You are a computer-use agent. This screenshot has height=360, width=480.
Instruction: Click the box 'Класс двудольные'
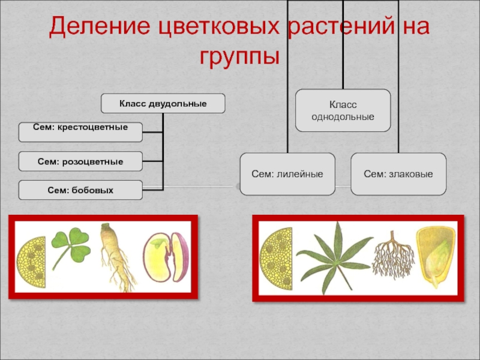[x=163, y=104]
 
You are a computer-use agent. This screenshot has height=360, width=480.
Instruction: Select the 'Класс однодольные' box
[x=343, y=110]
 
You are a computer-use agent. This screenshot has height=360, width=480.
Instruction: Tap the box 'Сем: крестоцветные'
[x=80, y=128]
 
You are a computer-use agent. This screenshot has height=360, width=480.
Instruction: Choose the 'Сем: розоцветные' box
[x=80, y=161]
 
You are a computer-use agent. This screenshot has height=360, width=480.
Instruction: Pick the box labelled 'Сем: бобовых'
[x=80, y=190]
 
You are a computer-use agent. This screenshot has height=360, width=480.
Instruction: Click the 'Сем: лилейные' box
[x=287, y=173]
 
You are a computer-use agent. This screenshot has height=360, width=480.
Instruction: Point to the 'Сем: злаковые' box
[x=398, y=173]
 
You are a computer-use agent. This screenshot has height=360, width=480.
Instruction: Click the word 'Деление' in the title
[x=97, y=27]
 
